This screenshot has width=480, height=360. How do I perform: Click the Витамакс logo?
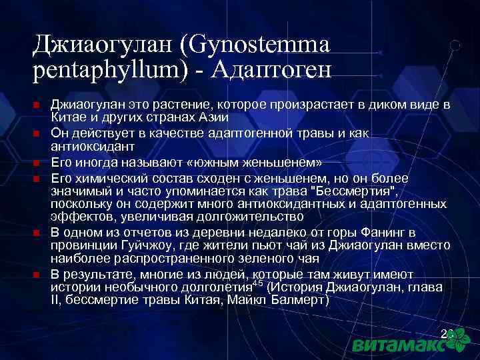point(407,343)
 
